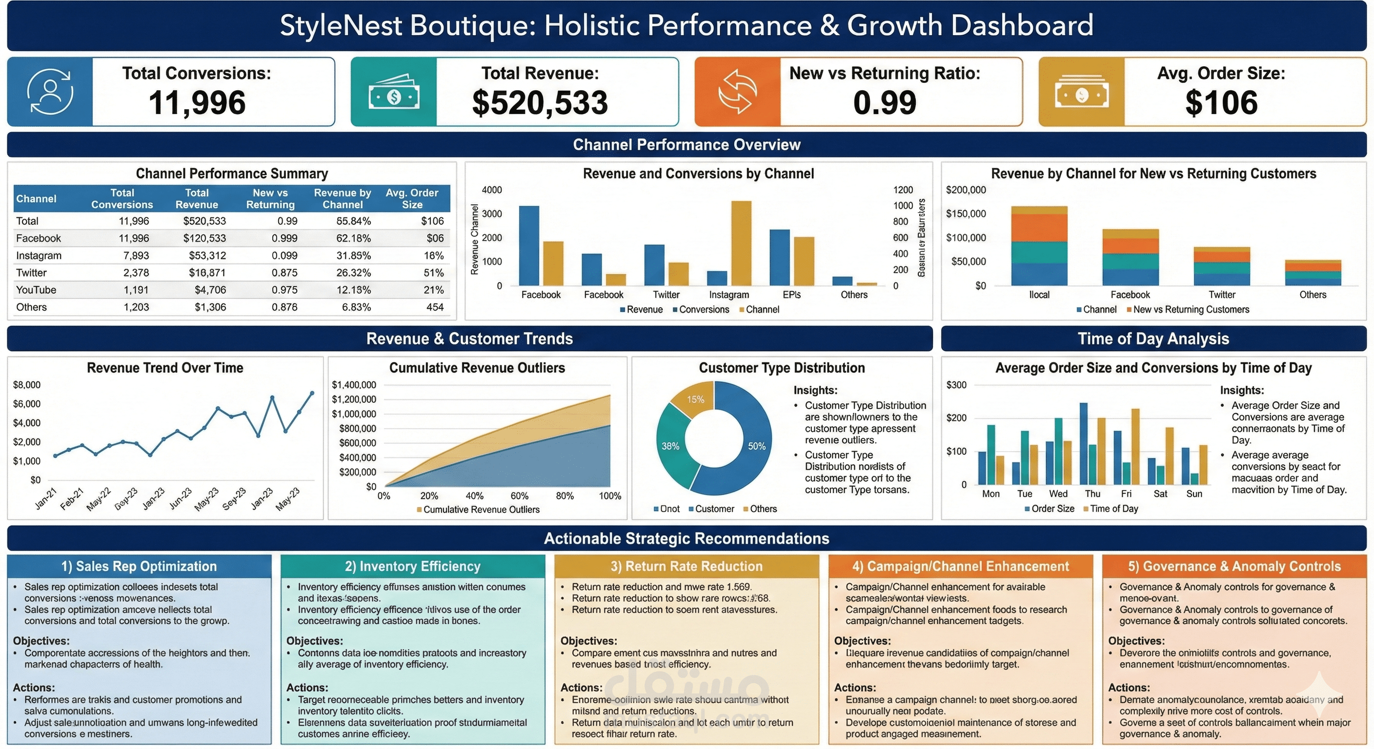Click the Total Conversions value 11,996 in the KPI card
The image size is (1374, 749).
pos(197,102)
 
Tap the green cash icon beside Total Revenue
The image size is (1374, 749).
pos(394,92)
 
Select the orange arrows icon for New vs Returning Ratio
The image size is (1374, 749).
pos(737,92)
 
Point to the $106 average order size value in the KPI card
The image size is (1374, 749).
pos(1221,102)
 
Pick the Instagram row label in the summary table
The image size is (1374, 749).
pos(39,256)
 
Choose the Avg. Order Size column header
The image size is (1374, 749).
pos(412,198)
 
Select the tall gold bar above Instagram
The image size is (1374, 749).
pos(741,242)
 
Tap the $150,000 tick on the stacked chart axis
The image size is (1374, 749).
pos(966,214)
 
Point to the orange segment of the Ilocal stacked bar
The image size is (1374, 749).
pos(1039,228)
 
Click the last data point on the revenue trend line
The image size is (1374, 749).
pos(312,394)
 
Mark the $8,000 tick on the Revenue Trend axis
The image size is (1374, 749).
pos(27,385)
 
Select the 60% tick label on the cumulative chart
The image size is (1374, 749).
pos(519,496)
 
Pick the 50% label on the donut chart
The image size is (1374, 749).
pos(756,446)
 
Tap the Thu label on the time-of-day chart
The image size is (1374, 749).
pos(1092,493)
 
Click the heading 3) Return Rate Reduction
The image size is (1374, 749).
pos(686,566)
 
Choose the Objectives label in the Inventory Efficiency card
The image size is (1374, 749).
pos(314,641)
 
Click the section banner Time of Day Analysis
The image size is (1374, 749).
pos(1153,338)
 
